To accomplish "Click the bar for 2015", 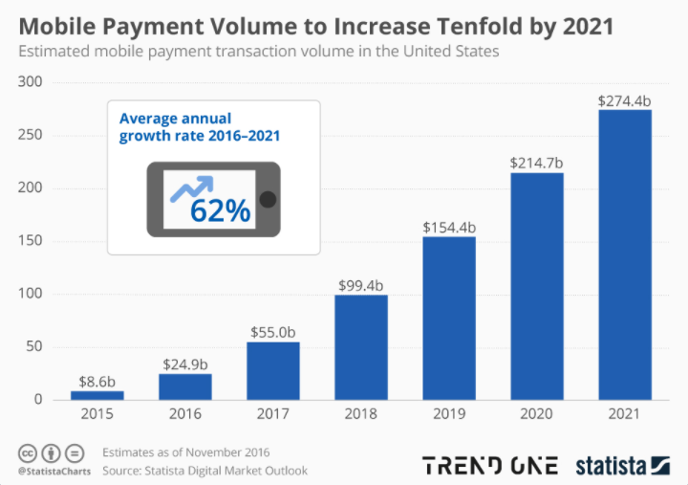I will coord(97,394).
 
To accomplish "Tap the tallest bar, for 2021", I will coord(625,254).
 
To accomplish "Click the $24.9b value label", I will coord(184,364).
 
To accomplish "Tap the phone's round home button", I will coord(269,200).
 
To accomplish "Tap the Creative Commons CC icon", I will coord(28,452).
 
